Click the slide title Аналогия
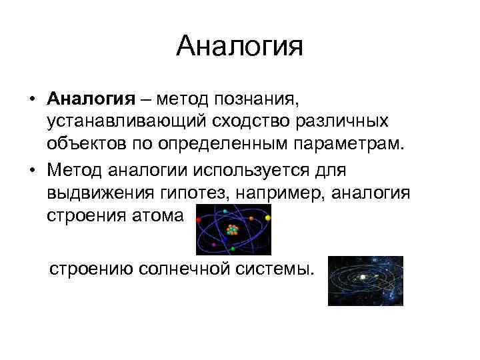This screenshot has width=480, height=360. click(240, 47)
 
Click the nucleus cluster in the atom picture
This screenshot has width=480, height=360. click(232, 230)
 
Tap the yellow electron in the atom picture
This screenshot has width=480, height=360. click(268, 217)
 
